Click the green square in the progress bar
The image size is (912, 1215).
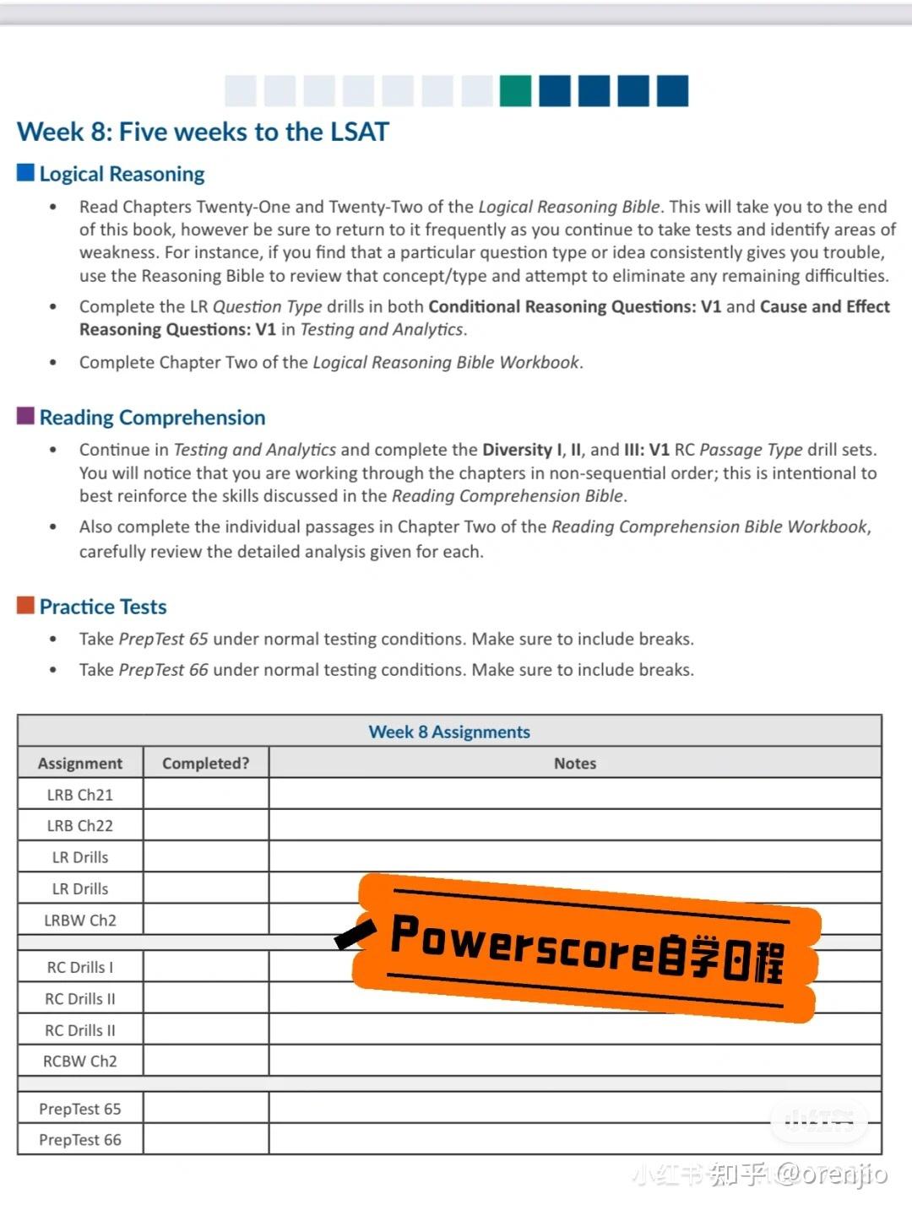[x=515, y=91]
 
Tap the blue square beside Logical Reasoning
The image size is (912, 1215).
[x=26, y=173]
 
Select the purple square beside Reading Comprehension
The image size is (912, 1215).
[x=26, y=416]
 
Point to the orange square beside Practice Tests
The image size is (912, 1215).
[x=26, y=605]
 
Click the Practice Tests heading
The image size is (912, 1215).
[x=103, y=607]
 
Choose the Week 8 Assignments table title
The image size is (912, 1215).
[x=449, y=732]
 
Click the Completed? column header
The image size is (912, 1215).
[x=206, y=763]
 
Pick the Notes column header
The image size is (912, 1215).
[x=575, y=763]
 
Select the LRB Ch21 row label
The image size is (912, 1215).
[x=80, y=795]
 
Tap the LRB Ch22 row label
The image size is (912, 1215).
[x=80, y=826]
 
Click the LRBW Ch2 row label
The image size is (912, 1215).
[x=80, y=920]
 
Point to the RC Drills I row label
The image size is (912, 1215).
[x=80, y=967]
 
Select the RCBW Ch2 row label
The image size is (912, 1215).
[x=80, y=1061]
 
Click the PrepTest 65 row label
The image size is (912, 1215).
[x=80, y=1109]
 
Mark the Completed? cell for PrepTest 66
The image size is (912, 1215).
[x=206, y=1140]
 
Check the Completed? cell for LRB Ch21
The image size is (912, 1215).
[x=206, y=795]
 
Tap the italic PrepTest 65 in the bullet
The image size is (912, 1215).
[x=164, y=639]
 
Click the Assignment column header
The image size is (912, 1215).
[x=80, y=763]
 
